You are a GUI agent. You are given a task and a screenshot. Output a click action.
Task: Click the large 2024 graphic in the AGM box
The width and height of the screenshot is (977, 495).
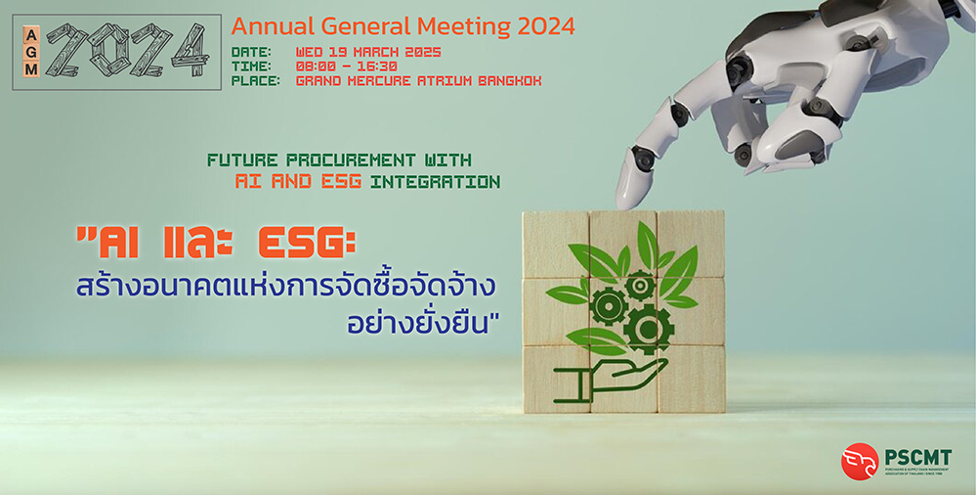tap(127, 53)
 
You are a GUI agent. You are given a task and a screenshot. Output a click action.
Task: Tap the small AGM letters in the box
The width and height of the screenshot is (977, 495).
tap(32, 53)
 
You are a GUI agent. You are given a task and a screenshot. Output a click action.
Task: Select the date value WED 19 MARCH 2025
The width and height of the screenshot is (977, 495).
tap(368, 51)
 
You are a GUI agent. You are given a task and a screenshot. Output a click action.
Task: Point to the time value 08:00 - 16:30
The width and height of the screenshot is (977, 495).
tap(347, 66)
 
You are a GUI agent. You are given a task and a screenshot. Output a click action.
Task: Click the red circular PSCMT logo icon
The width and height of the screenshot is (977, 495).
tap(860, 461)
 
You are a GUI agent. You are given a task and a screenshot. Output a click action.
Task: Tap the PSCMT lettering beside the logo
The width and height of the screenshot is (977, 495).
tap(918, 457)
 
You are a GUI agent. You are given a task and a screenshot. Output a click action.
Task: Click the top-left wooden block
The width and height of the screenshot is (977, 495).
tap(555, 244)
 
